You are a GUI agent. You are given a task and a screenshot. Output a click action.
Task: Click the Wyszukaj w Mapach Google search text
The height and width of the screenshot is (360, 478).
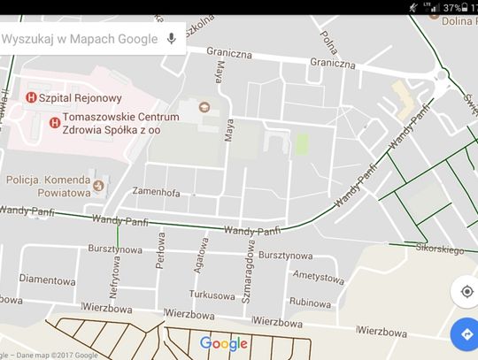click(80, 39)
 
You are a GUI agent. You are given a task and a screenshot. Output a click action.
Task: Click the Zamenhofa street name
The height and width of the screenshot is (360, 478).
click(156, 192)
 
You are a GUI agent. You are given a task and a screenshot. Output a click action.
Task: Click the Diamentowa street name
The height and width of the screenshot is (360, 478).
click(45, 277)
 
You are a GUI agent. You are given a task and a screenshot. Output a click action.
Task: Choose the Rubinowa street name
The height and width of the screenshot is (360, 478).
click(309, 302)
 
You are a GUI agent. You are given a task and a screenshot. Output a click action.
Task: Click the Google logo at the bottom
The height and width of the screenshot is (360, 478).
click(223, 344)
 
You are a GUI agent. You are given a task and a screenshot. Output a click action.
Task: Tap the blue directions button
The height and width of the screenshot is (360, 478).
click(463, 335)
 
